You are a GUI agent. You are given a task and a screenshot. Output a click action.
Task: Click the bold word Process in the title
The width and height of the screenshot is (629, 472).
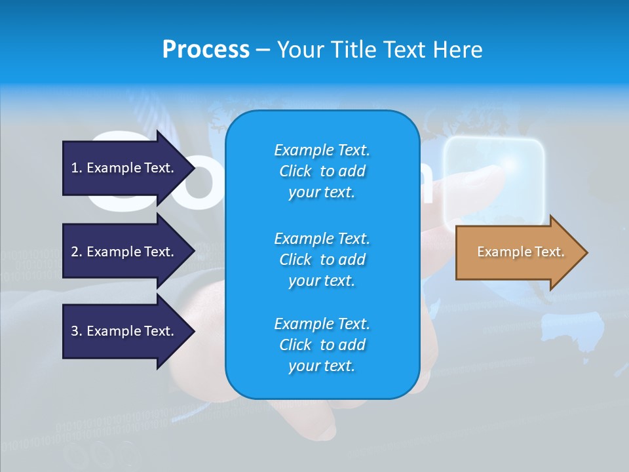(x=206, y=50)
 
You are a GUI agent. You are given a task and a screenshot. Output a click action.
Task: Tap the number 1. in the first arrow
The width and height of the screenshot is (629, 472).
(x=77, y=168)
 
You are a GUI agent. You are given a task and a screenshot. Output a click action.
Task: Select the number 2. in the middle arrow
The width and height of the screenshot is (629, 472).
(x=77, y=252)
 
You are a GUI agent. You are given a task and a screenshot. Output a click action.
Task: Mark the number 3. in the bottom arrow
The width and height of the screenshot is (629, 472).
(x=77, y=331)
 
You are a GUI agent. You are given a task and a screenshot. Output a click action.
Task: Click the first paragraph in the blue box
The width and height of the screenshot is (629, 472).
(x=322, y=171)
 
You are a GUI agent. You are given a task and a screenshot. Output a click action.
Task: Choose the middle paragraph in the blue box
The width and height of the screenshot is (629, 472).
(x=322, y=260)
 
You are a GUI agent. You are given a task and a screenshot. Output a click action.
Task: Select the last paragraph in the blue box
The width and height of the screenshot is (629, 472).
(x=322, y=345)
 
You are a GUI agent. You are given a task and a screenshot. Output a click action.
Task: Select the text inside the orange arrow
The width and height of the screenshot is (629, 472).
(x=520, y=252)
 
